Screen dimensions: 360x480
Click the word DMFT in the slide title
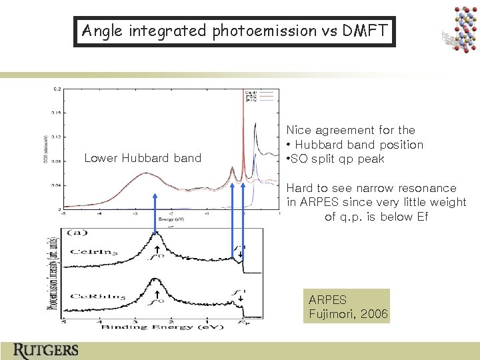click(x=368, y=31)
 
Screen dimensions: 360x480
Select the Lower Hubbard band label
click(x=143, y=158)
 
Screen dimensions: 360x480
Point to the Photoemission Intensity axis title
click(x=52, y=273)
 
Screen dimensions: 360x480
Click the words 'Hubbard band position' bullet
click(x=359, y=145)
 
